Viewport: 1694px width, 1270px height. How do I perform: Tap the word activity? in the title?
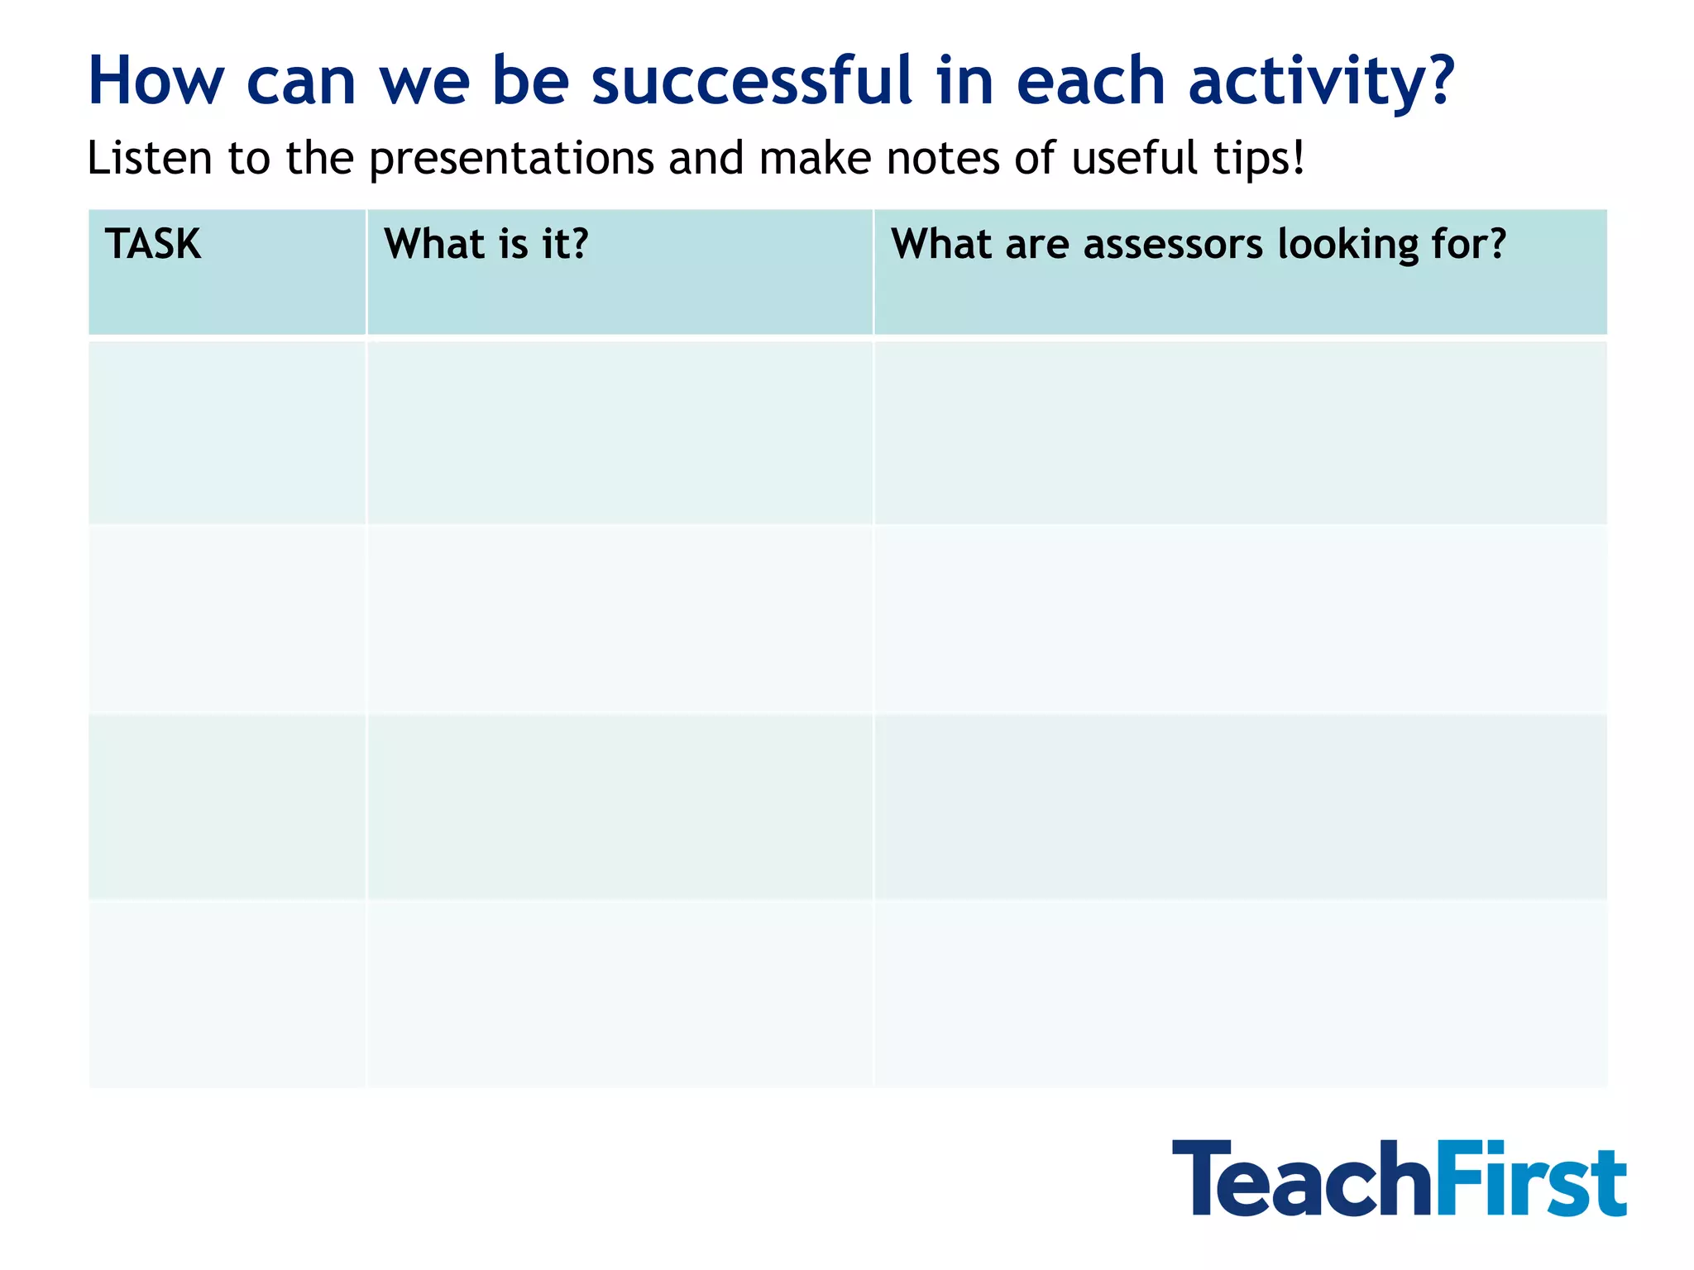[x=1321, y=81]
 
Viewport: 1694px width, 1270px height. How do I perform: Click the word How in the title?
[x=156, y=81]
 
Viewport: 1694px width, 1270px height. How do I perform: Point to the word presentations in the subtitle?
[x=511, y=159]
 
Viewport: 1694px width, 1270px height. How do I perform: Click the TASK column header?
[x=153, y=245]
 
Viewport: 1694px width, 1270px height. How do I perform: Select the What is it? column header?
[x=486, y=245]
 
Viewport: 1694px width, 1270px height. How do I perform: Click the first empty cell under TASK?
[x=227, y=432]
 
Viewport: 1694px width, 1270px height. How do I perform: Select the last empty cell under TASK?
[x=227, y=993]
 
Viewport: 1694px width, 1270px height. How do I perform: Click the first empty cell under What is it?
[x=620, y=432]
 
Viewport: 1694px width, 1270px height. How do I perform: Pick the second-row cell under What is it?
[x=620, y=618]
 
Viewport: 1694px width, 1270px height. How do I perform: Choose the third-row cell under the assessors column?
[x=1240, y=806]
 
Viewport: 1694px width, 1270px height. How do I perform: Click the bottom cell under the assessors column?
[x=1240, y=993]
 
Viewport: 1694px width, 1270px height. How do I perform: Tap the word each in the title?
[x=1091, y=81]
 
